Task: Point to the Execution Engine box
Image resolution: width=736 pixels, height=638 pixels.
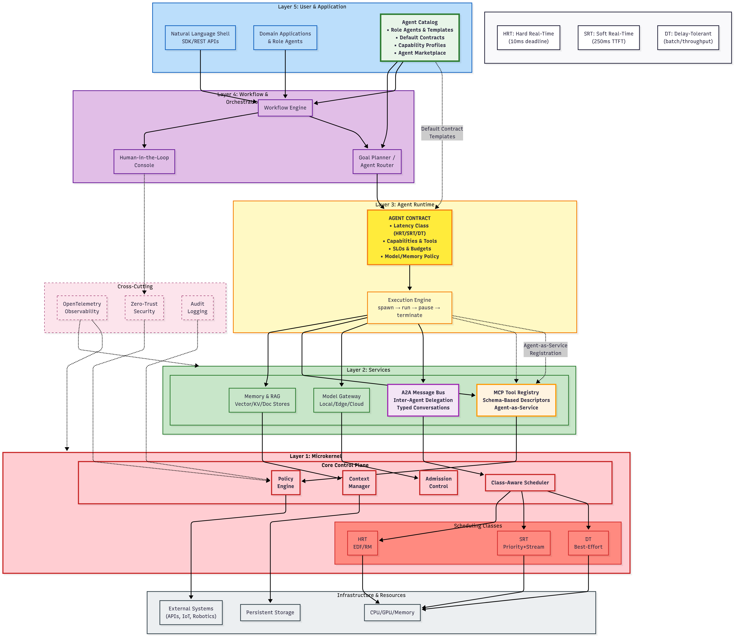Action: [x=409, y=308]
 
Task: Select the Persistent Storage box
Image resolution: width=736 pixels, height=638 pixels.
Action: [x=270, y=612]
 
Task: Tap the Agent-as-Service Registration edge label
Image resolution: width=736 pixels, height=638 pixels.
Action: [x=545, y=349]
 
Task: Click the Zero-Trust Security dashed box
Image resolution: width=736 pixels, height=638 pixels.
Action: [x=144, y=308]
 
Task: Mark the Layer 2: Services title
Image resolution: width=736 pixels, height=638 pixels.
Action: [x=368, y=370]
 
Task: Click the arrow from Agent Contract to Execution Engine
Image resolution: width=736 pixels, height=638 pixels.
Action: [x=410, y=278]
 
